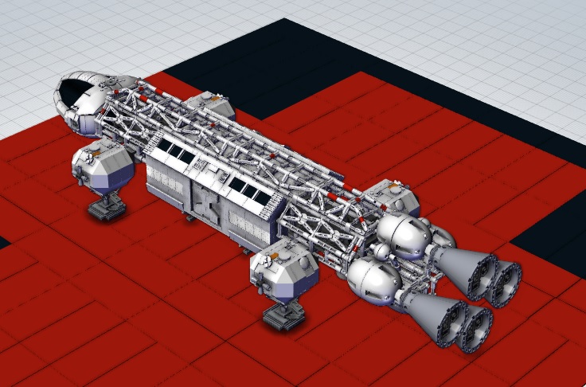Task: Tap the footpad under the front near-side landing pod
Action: coord(106,209)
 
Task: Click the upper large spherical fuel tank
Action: coord(402,234)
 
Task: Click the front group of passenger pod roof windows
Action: coord(178,152)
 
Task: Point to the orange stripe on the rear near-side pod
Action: coord(279,256)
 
